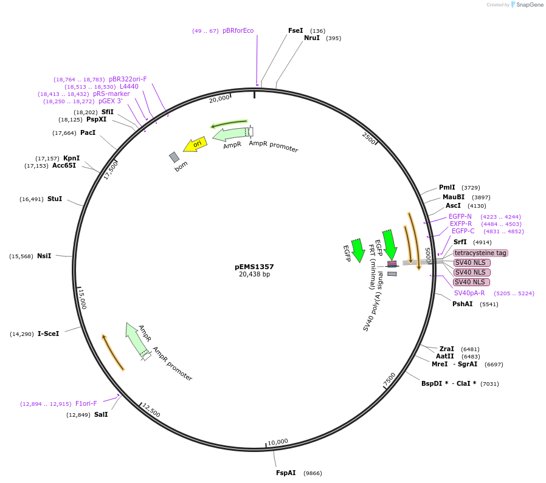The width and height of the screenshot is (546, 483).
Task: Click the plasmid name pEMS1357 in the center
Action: [x=254, y=267]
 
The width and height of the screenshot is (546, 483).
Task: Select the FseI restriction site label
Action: [x=295, y=30]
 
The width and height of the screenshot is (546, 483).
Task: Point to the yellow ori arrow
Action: [x=196, y=145]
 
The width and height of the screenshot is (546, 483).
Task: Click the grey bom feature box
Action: [x=175, y=157]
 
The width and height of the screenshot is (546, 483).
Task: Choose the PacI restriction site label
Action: [x=88, y=132]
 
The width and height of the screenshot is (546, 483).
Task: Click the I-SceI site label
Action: [x=48, y=334]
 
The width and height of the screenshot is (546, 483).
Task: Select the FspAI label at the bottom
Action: [x=286, y=473]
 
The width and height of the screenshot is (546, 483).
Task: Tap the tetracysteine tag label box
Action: [x=480, y=253]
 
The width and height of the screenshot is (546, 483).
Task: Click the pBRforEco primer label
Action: [x=238, y=30]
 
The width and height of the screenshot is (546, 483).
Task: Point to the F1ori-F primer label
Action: [x=86, y=403]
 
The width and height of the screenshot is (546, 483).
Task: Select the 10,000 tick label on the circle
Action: [x=277, y=442]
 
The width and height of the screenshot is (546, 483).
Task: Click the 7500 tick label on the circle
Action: [x=389, y=379]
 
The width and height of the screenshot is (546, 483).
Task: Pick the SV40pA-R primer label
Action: [x=469, y=293]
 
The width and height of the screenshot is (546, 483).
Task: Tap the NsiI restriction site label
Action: [x=44, y=256]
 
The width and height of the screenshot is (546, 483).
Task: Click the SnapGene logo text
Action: [x=528, y=5]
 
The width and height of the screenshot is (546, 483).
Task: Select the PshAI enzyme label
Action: [x=462, y=304]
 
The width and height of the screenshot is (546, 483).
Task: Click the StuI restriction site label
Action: [x=55, y=199]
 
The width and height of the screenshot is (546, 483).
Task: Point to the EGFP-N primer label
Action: [x=460, y=216]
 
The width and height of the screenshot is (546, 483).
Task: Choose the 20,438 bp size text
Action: [x=254, y=275]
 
